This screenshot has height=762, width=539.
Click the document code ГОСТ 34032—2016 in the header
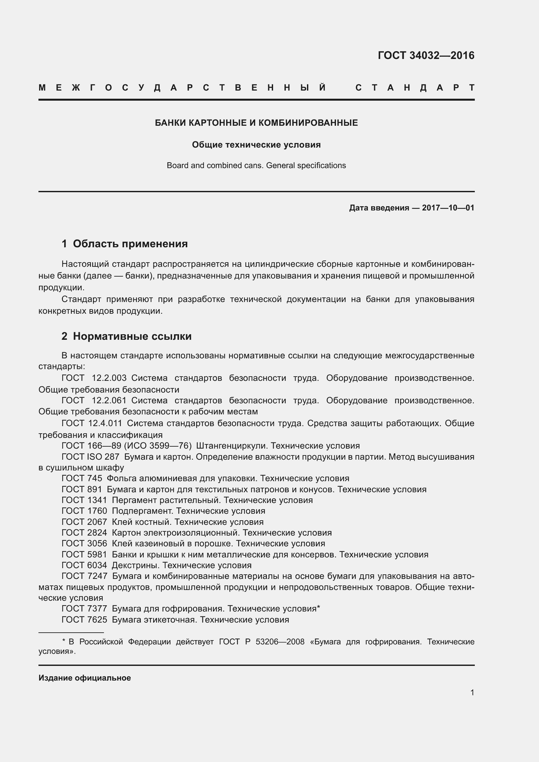(x=426, y=55)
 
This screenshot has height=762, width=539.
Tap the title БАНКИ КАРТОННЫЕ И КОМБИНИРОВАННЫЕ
(x=256, y=123)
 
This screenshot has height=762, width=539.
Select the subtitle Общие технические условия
(x=256, y=145)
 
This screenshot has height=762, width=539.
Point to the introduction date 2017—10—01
(x=448, y=208)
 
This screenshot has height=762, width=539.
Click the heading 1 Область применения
(x=124, y=244)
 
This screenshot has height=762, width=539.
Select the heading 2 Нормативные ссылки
(x=126, y=337)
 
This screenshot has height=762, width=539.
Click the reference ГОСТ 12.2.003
(x=94, y=378)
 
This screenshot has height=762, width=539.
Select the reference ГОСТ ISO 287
(x=90, y=457)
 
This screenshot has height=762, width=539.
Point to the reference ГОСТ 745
(x=82, y=479)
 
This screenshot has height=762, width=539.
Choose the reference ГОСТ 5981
(x=84, y=554)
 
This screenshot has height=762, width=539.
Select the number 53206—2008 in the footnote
(x=280, y=641)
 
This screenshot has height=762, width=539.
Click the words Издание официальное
(x=85, y=678)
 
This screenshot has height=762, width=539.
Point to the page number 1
(x=472, y=692)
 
